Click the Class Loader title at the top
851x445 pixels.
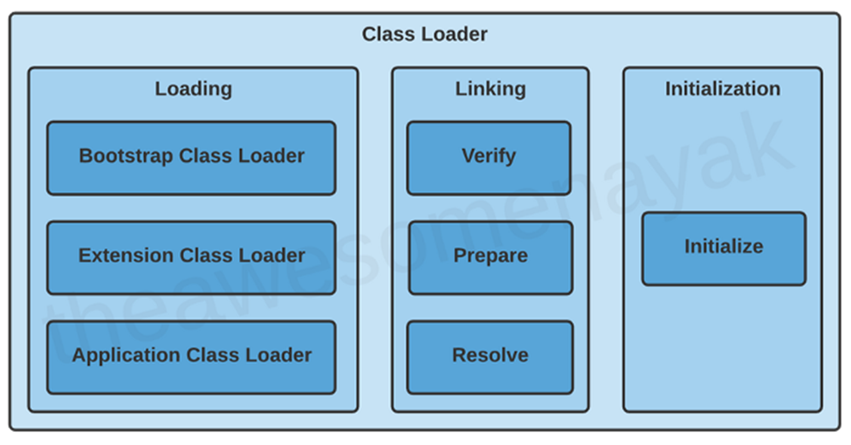click(x=424, y=35)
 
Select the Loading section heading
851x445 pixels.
click(x=193, y=89)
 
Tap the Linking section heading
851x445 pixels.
click(x=490, y=89)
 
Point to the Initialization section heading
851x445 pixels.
click(x=722, y=89)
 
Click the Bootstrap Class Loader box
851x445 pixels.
click(x=191, y=157)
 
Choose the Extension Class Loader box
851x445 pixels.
click(x=191, y=257)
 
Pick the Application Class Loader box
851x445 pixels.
click(x=191, y=356)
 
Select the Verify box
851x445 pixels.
click(x=489, y=157)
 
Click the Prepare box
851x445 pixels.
click(x=490, y=257)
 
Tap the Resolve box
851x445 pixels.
click(x=490, y=356)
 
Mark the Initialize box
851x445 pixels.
click(x=724, y=247)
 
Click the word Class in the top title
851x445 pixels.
click(x=387, y=35)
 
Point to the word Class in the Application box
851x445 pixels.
click(x=210, y=356)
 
